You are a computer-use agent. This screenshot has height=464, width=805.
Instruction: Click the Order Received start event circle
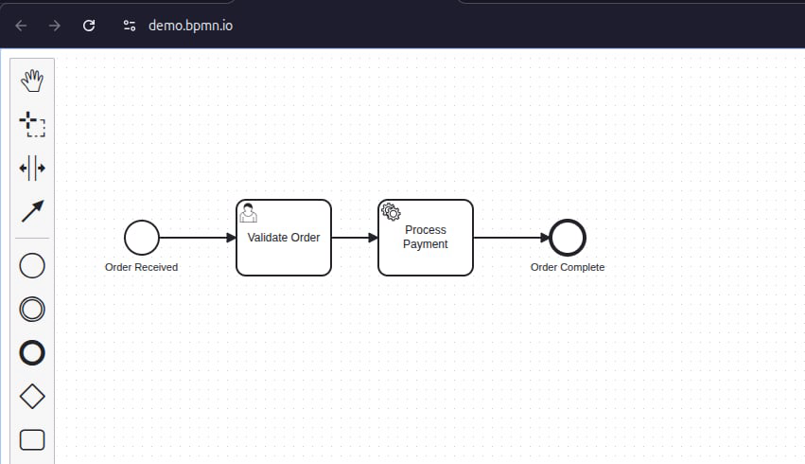(142, 238)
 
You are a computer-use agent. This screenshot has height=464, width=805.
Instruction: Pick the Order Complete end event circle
(568, 238)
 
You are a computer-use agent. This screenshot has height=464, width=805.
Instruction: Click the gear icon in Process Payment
(391, 212)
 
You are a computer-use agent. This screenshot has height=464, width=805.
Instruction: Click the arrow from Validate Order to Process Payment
(355, 238)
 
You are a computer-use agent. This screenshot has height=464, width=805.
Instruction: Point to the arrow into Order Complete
(511, 238)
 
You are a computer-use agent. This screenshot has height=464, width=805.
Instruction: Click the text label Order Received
(141, 267)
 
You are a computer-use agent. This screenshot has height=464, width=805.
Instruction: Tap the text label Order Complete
(568, 267)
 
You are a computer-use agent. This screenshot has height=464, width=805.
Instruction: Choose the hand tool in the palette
(32, 80)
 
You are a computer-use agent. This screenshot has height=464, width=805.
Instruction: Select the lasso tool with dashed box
(32, 124)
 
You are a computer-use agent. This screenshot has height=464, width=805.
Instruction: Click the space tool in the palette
(32, 169)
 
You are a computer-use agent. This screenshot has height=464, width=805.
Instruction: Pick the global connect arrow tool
(32, 211)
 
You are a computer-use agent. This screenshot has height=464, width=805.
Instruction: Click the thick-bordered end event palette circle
(32, 352)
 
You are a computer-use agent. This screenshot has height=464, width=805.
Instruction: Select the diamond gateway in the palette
(32, 396)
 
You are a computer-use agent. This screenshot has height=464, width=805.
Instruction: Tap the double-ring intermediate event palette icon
(32, 309)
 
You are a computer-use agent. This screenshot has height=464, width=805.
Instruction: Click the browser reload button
(89, 26)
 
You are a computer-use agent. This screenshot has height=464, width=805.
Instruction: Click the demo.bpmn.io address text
(190, 26)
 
